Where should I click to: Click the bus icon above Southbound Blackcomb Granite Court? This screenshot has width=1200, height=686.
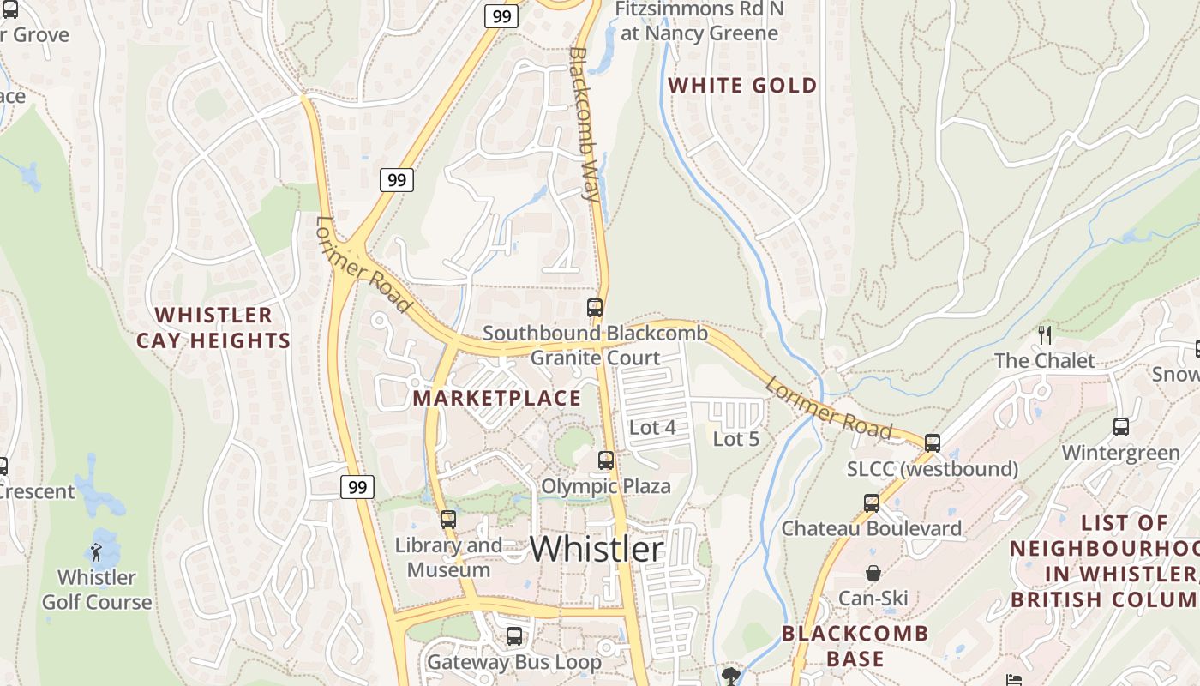(x=594, y=308)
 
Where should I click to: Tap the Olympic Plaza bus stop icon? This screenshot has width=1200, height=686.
(x=606, y=460)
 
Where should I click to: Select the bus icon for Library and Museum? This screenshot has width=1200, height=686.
(x=447, y=519)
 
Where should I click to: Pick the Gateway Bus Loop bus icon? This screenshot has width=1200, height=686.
(x=513, y=636)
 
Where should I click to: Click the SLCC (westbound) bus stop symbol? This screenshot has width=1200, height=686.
(x=933, y=443)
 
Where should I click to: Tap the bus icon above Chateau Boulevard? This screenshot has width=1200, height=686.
(x=872, y=503)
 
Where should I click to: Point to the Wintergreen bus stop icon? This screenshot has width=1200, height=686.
(x=1120, y=426)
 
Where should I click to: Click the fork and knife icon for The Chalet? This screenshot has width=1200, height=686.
(x=1044, y=335)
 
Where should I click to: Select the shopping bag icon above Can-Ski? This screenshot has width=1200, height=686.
(x=873, y=573)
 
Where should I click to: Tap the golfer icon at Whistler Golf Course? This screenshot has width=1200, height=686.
(x=97, y=551)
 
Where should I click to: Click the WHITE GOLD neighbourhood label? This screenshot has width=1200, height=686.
(x=742, y=86)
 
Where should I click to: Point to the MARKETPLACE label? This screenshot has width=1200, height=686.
(x=496, y=399)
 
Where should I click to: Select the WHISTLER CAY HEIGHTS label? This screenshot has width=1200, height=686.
(x=213, y=328)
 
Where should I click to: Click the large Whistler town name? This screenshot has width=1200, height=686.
(x=597, y=549)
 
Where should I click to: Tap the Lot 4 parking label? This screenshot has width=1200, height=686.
(x=652, y=427)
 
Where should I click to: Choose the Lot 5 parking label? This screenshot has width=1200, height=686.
(x=736, y=439)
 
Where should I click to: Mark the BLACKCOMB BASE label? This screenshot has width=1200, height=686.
(x=855, y=646)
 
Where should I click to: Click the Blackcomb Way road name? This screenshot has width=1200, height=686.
(x=584, y=123)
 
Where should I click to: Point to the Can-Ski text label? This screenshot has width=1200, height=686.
(x=873, y=598)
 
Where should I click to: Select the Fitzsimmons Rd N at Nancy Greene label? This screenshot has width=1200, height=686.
(x=699, y=21)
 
